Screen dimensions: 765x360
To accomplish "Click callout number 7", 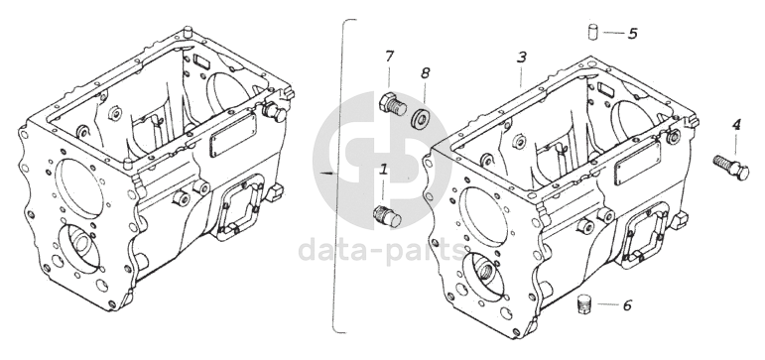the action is (389, 57).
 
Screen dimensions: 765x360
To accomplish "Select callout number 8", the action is (425, 73).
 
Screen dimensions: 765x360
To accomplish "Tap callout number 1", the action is (383, 170).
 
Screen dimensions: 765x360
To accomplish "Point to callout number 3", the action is (522, 58).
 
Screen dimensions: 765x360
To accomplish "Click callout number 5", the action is (632, 34).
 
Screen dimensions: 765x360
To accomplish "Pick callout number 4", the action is (736, 125).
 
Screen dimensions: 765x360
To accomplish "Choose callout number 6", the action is (627, 305).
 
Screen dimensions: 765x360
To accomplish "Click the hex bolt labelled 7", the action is (393, 104).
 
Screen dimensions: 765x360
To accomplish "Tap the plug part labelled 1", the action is (387, 217).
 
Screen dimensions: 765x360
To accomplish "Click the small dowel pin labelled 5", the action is (592, 32).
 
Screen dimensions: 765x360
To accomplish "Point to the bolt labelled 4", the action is (731, 168).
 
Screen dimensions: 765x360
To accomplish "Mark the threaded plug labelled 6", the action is (584, 304).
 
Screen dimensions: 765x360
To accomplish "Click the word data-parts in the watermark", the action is (382, 250).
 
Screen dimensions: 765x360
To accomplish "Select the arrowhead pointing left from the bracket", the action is (327, 173).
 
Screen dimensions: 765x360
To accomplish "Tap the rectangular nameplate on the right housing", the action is (637, 164).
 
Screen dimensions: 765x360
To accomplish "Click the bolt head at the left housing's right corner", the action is (273, 113).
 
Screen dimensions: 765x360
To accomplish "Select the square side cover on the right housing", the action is (645, 232).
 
